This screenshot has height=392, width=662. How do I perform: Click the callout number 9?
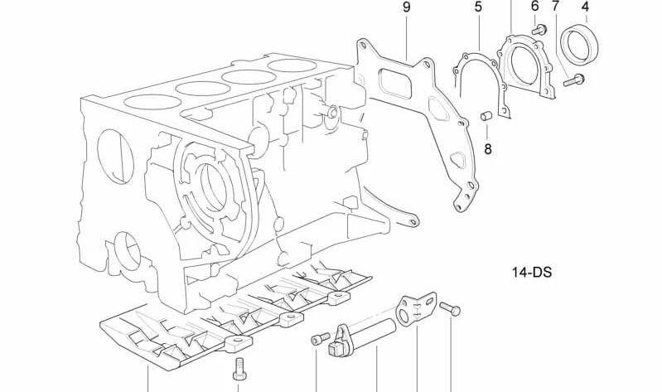coord(407,7)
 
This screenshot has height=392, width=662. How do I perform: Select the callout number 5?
coord(478,7)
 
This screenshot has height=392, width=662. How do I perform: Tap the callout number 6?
coord(534,7)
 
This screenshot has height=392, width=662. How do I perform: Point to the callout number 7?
coord(555,7)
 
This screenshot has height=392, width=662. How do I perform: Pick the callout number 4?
coord(585,7)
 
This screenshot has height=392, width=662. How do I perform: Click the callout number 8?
coord(487,149)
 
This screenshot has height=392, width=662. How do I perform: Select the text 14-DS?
coord(530,271)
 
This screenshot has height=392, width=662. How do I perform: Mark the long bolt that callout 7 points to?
coord(573,80)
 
